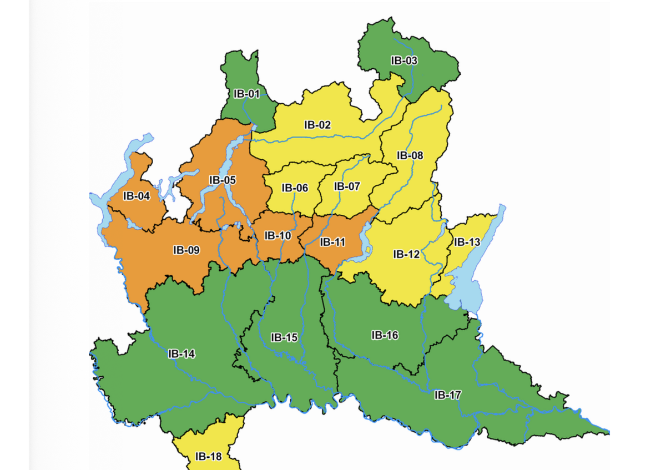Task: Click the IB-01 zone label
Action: click(247, 94)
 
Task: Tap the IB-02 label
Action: click(317, 125)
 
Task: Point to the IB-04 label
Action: click(137, 196)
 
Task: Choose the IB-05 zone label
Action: click(223, 180)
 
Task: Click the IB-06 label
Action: click(295, 188)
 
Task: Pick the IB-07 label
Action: click(347, 186)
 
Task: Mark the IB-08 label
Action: click(410, 155)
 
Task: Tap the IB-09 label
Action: click(186, 250)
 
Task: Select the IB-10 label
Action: click(277, 235)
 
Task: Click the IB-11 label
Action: click(332, 242)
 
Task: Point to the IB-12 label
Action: click(407, 254)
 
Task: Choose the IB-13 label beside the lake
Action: click(467, 242)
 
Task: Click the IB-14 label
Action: click(182, 354)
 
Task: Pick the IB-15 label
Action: click(284, 337)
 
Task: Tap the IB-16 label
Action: click(385, 335)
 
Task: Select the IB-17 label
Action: click(447, 395)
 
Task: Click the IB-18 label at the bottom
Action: click(208, 457)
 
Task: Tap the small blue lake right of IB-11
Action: click(365, 244)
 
